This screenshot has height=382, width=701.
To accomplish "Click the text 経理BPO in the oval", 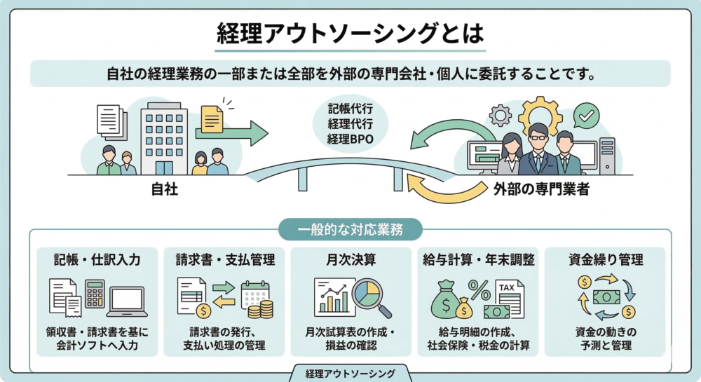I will (x=350, y=139).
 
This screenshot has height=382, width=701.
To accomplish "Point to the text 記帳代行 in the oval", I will (x=350, y=109).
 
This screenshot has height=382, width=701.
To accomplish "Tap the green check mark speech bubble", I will (x=585, y=114).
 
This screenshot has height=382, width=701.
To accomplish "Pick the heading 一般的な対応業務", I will (x=350, y=229).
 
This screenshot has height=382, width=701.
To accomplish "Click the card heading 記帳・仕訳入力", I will (x=97, y=260).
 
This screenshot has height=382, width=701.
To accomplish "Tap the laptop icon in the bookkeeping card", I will (x=127, y=301).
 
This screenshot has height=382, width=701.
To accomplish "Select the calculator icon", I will (x=95, y=294).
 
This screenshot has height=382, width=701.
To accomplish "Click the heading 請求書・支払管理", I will (x=224, y=260).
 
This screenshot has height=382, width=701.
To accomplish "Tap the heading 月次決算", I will (x=350, y=260).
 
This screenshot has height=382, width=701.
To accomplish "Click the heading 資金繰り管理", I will (x=605, y=260).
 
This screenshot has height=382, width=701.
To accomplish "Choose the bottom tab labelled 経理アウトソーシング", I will (x=350, y=374).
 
